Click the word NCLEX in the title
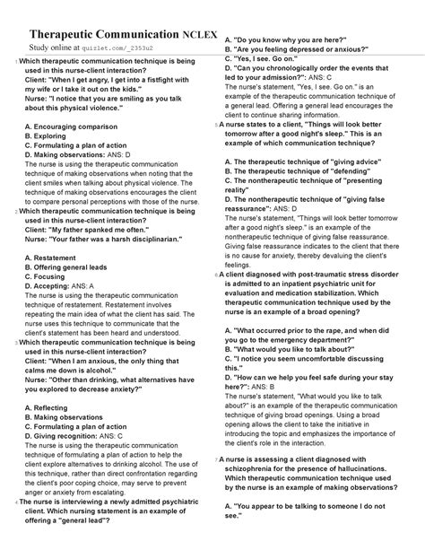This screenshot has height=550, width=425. click(192, 31)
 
